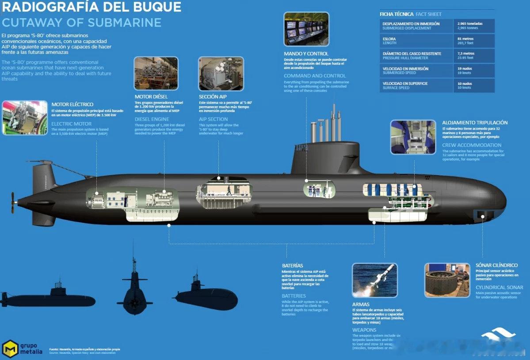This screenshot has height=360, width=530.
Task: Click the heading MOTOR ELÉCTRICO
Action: (72, 104)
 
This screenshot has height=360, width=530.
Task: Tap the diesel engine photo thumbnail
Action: (156, 73)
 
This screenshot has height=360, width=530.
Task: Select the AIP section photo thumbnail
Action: (221, 73)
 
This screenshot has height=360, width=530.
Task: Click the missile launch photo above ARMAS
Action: (374, 280)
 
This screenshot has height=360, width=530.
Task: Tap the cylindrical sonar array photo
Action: (447, 280)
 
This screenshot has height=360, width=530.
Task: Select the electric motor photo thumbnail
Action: (25, 118)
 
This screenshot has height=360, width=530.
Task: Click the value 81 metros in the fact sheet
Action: (465, 38)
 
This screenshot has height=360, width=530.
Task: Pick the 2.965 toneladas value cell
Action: (470, 23)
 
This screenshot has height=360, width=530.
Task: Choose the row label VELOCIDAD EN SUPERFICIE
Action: (405, 83)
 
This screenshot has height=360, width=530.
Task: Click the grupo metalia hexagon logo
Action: (10, 348)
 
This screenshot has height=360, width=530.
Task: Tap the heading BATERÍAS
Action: (293, 265)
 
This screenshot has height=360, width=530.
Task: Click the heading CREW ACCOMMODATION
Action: (472, 145)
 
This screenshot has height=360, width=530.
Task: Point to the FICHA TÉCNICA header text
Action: (397, 14)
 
